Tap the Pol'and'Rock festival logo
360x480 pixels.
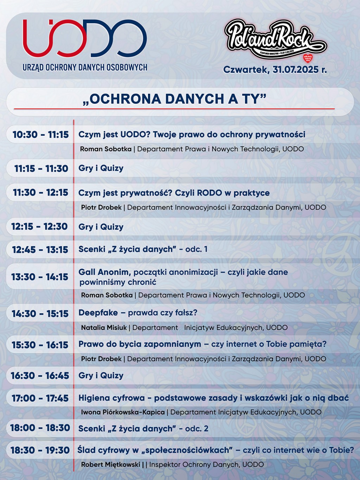(x=275, y=40)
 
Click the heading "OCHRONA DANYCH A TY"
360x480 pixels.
(x=174, y=99)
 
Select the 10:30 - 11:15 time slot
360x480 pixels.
(x=40, y=135)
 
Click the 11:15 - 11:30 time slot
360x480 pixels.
(x=41, y=169)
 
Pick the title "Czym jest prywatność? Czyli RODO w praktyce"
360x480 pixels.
(x=174, y=193)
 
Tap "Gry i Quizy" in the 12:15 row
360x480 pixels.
(x=101, y=227)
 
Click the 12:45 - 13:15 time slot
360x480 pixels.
(x=40, y=250)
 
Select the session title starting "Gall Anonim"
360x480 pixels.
(x=183, y=277)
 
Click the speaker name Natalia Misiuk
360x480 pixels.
(x=104, y=328)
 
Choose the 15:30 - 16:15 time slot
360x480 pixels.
(x=40, y=345)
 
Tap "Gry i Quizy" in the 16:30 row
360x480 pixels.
(x=101, y=376)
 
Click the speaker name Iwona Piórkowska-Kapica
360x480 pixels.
(x=123, y=412)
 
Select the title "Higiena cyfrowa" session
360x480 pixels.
(x=213, y=398)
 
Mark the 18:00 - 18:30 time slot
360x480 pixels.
(x=40, y=428)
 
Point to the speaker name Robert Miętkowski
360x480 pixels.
(x=110, y=465)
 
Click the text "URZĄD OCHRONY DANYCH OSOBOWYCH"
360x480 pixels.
(x=85, y=67)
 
